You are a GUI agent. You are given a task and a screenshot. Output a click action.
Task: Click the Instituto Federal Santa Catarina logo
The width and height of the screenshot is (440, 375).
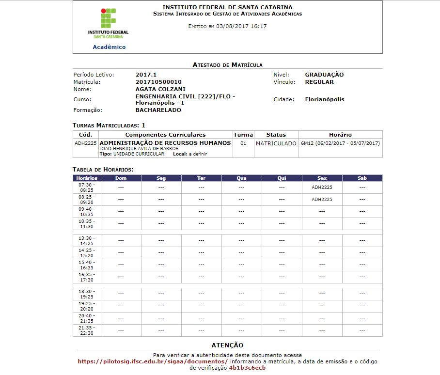pyautogui.click(x=109, y=23)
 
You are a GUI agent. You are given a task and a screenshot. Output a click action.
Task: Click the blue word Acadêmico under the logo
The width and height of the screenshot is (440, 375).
pyautogui.click(x=109, y=47)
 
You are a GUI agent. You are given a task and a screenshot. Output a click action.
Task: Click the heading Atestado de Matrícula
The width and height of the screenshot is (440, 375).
pyautogui.click(x=227, y=64)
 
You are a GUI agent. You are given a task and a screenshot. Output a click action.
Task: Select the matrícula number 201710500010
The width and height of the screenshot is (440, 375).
pyautogui.click(x=158, y=82)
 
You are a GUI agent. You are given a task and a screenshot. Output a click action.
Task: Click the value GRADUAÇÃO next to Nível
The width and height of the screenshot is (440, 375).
pyautogui.click(x=324, y=75)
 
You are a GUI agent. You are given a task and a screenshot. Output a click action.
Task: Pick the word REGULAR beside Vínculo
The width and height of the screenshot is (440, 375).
pyautogui.click(x=319, y=82)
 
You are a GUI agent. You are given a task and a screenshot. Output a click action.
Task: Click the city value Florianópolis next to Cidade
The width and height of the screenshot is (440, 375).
pyautogui.click(x=325, y=99)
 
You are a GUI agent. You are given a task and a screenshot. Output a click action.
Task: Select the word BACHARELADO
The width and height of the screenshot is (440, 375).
pyautogui.click(x=158, y=110)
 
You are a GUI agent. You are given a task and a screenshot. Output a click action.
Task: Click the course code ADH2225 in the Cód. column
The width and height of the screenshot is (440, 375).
pyautogui.click(x=86, y=143)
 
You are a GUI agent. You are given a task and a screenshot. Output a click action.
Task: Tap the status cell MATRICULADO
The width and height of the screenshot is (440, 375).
pyautogui.click(x=276, y=143)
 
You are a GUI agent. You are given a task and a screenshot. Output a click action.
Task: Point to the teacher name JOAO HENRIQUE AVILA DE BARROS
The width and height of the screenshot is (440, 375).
pyautogui.click(x=139, y=149)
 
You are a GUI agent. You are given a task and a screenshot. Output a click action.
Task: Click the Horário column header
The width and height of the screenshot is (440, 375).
pyautogui.click(x=340, y=135)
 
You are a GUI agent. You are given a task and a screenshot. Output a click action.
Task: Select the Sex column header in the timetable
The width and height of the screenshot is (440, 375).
pyautogui.click(x=322, y=178)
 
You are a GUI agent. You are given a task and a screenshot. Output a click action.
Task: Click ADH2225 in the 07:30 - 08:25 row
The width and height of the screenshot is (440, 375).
pyautogui.click(x=322, y=187)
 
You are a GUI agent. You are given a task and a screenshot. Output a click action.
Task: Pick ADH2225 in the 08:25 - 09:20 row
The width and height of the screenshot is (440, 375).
pyautogui.click(x=322, y=200)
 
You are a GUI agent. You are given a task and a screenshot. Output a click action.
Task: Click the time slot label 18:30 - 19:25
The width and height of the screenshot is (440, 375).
pyautogui.click(x=87, y=294)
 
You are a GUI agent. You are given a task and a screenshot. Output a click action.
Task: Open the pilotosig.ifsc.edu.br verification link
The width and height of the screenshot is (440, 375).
pyautogui.click(x=152, y=361)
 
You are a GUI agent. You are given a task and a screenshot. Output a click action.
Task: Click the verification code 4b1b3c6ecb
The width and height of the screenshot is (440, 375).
pyautogui.click(x=247, y=368)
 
